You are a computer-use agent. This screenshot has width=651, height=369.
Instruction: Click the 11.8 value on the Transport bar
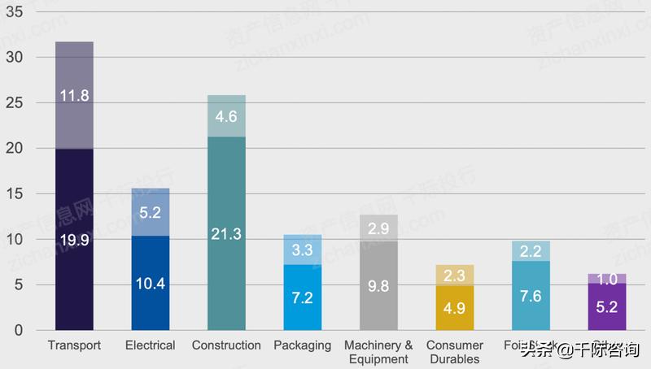74,96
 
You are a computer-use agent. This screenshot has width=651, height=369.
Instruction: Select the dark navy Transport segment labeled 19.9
74,240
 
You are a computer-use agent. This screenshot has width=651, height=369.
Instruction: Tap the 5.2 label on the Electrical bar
150,213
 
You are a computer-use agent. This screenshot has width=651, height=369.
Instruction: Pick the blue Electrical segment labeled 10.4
150,284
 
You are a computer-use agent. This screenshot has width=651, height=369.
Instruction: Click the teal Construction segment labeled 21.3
226,234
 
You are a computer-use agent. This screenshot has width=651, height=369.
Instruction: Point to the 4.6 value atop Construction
226,116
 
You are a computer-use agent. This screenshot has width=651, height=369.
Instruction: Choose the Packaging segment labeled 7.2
303,297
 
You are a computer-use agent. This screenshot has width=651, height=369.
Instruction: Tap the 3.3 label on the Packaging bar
303,250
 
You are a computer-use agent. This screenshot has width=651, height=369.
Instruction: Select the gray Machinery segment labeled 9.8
378,286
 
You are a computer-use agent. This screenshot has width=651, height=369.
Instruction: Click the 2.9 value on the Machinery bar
378,228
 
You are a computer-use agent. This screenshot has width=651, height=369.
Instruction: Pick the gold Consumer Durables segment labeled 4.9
455,308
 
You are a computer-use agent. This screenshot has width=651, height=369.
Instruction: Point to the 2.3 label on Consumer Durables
455,276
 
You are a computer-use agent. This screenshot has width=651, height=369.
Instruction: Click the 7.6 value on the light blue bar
531,296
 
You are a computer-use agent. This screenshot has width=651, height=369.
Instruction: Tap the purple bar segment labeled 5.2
607,307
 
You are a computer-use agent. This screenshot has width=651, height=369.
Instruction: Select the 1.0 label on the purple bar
607,279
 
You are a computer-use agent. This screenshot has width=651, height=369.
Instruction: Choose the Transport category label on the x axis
74,345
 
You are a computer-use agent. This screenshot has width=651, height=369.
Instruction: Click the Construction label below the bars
226,345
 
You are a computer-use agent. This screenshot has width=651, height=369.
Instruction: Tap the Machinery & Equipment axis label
378,352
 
